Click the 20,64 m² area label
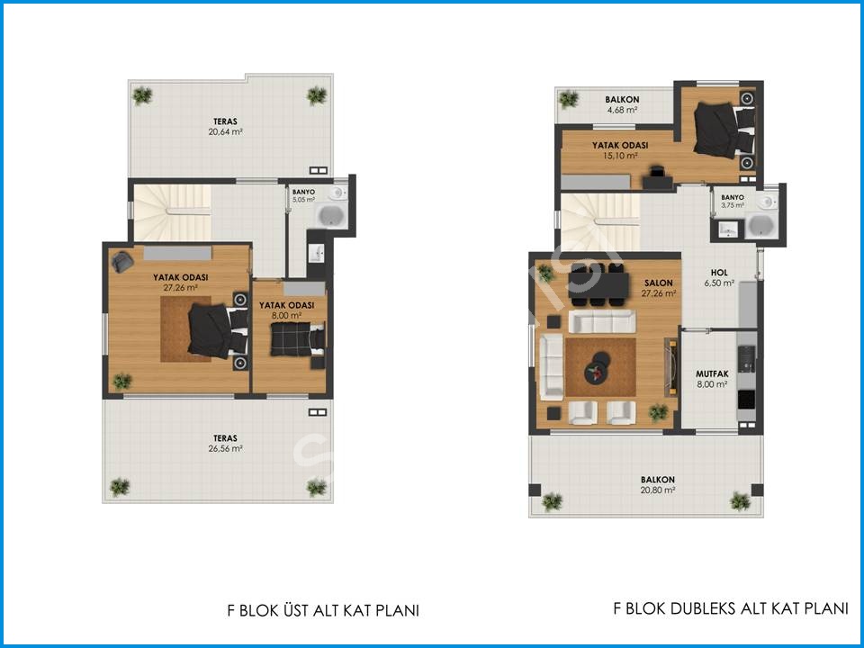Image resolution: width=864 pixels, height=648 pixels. [225, 132]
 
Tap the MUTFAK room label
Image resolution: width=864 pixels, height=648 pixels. [712, 374]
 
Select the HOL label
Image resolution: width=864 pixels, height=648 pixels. [719, 273]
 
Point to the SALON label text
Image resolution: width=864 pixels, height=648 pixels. [659, 283]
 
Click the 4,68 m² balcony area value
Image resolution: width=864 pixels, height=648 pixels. [622, 110]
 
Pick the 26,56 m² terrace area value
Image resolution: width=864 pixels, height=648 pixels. [225, 448]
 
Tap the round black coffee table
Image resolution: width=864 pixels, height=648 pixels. [598, 368]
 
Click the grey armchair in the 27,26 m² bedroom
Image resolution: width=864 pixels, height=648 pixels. [121, 262]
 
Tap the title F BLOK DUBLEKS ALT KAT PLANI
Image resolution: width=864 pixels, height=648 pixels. [731, 608]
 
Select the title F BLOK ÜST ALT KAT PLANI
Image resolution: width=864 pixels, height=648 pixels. [323, 610]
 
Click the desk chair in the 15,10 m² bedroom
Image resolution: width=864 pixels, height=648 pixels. [656, 172]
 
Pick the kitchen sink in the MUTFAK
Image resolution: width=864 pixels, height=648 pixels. [747, 359]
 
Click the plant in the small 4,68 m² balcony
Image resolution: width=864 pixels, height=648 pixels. [568, 99]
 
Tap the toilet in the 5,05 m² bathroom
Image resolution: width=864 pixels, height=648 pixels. [337, 193]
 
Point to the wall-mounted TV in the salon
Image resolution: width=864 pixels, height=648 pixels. [670, 366]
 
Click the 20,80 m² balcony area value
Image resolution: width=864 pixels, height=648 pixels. [658, 490]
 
